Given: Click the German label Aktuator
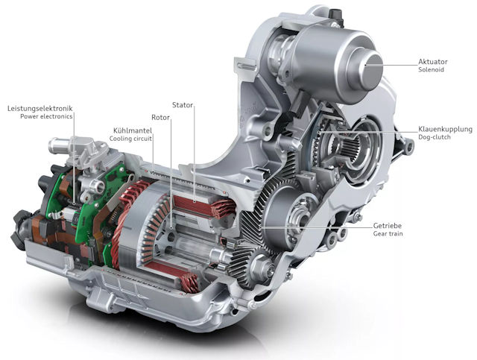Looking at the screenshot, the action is click(x=432, y=62).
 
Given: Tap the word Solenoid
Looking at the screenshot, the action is click(x=431, y=69).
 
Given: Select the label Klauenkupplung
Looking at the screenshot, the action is click(x=446, y=130).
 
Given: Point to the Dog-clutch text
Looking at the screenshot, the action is click(x=434, y=137).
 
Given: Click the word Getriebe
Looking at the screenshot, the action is click(x=388, y=226).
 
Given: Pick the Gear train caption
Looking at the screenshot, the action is click(x=388, y=234).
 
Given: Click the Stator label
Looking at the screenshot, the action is click(x=183, y=105).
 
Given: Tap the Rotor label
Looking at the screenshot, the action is click(x=160, y=118).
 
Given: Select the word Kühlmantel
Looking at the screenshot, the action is click(x=133, y=130).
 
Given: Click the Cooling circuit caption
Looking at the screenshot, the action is click(x=130, y=139).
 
